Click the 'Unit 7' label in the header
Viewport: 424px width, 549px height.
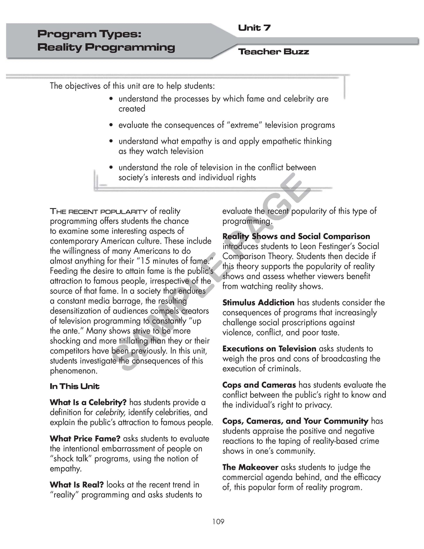[254, 28]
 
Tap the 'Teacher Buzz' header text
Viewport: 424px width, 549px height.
[273, 52]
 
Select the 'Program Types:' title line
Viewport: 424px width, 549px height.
[89, 34]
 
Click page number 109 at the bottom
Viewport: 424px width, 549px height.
[218, 521]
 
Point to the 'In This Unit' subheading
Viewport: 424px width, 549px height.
[75, 386]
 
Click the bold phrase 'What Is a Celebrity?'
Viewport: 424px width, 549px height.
[88, 402]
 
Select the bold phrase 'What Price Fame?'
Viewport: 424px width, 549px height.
[85, 439]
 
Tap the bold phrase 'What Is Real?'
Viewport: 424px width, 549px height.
[77, 485]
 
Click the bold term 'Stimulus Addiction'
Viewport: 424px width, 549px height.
[258, 302]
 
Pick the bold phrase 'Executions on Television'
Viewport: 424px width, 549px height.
[269, 348]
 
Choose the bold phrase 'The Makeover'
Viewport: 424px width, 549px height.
[250, 467]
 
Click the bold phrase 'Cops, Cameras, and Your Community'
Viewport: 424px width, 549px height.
[295, 421]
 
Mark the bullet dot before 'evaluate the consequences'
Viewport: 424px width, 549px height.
[111, 125]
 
